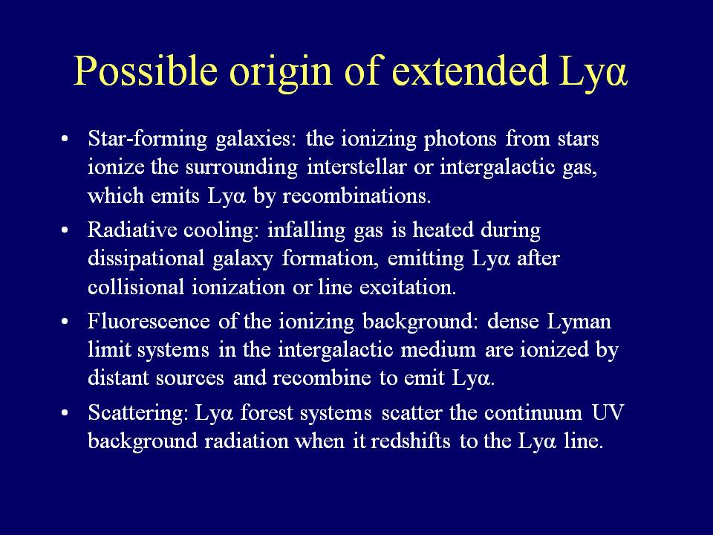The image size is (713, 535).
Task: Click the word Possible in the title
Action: pyautogui.click(x=146, y=71)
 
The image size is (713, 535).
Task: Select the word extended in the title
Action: pyautogui.click(x=469, y=71)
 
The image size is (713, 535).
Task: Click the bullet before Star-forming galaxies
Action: pyautogui.click(x=65, y=138)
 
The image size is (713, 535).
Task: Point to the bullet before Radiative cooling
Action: pyautogui.click(x=65, y=230)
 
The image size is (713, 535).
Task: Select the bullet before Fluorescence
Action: pyautogui.click(x=65, y=322)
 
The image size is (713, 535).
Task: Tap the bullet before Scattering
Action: pyautogui.click(x=65, y=413)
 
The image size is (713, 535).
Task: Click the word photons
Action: pyautogui.click(x=460, y=140)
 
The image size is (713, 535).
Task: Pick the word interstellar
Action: pyautogui.click(x=356, y=166)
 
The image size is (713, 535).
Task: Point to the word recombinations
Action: pyautogui.click(x=356, y=195)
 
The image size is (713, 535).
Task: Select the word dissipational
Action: pyautogui.click(x=146, y=259)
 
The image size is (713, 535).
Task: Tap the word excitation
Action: pyautogui.click(x=408, y=288)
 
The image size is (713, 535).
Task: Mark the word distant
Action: pyautogui.click(x=118, y=378)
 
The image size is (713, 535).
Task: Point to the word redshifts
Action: pyautogui.click(x=411, y=441)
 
